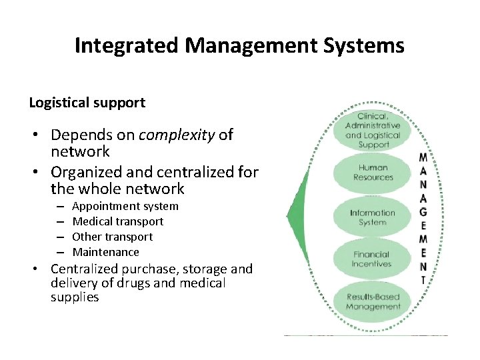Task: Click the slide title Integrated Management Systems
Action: [x=239, y=45]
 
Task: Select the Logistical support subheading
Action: [x=87, y=103]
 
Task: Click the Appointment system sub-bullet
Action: [x=125, y=206]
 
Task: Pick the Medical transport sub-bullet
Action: [x=117, y=221]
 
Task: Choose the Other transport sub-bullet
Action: [x=112, y=237]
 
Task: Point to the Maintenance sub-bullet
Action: [x=105, y=252]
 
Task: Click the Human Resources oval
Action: [x=373, y=173]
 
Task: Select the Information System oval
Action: [x=373, y=217]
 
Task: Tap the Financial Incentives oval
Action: [x=373, y=259]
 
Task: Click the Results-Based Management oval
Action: [x=373, y=302]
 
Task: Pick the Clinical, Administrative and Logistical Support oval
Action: [x=373, y=130]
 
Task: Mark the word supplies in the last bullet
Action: [x=75, y=297]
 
